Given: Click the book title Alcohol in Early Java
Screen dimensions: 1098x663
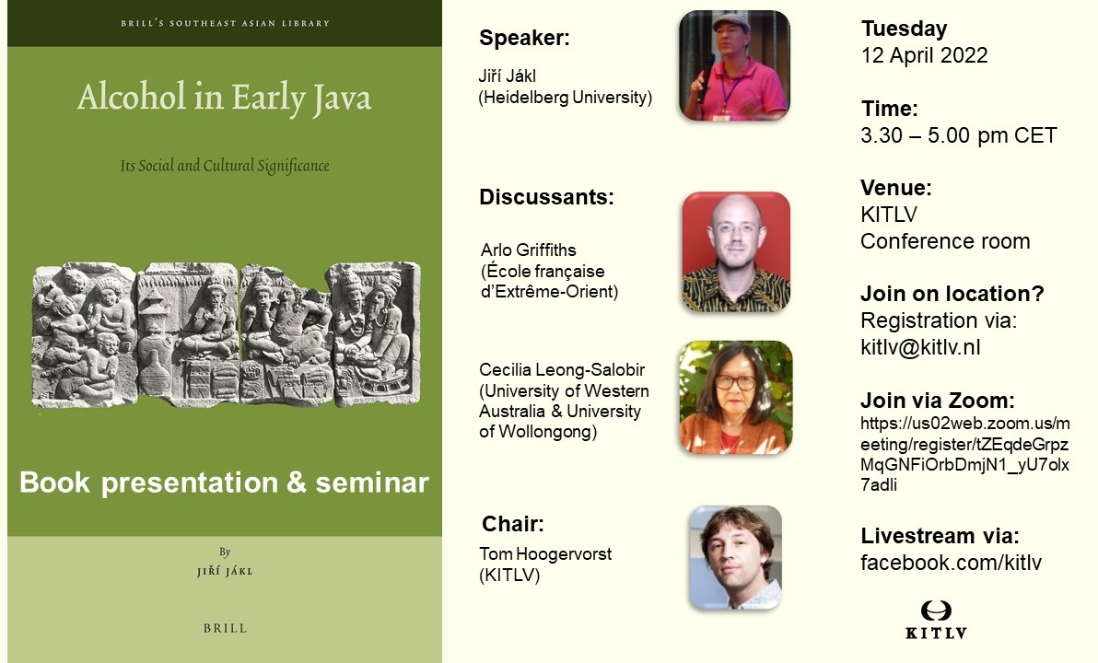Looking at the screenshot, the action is (224, 98).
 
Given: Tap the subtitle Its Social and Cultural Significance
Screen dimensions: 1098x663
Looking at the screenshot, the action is (225, 166).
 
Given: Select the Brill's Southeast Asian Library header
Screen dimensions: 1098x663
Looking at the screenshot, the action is (225, 23).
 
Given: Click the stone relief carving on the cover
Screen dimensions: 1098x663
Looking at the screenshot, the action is (227, 334).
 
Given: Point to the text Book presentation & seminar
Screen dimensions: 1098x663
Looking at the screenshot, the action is (224, 483).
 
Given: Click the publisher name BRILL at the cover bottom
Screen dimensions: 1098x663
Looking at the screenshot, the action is (225, 628).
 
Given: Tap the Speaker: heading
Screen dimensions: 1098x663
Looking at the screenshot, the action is (524, 38).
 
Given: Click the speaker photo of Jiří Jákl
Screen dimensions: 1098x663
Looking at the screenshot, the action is (734, 65).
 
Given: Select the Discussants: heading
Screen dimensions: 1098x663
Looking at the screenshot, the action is (546, 197).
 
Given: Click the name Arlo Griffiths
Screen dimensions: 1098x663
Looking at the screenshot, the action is (528, 250).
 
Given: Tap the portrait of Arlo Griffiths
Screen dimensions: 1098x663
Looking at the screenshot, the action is (736, 252).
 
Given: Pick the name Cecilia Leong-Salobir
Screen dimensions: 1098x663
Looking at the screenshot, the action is (562, 369).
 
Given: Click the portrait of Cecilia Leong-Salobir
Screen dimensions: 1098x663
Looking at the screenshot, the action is (736, 397).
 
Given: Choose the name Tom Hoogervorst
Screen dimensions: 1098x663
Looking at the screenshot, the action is (545, 553).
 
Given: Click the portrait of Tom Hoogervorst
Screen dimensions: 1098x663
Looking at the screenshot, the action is (735, 557).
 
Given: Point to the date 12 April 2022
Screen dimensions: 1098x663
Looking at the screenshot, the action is (924, 55).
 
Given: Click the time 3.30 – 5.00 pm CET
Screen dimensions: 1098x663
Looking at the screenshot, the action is (959, 135).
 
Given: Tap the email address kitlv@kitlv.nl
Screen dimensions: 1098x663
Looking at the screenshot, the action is (920, 347).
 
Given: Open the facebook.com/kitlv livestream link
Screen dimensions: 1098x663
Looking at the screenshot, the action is (951, 563).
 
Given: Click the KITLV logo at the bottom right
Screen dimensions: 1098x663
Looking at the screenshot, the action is (936, 620).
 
